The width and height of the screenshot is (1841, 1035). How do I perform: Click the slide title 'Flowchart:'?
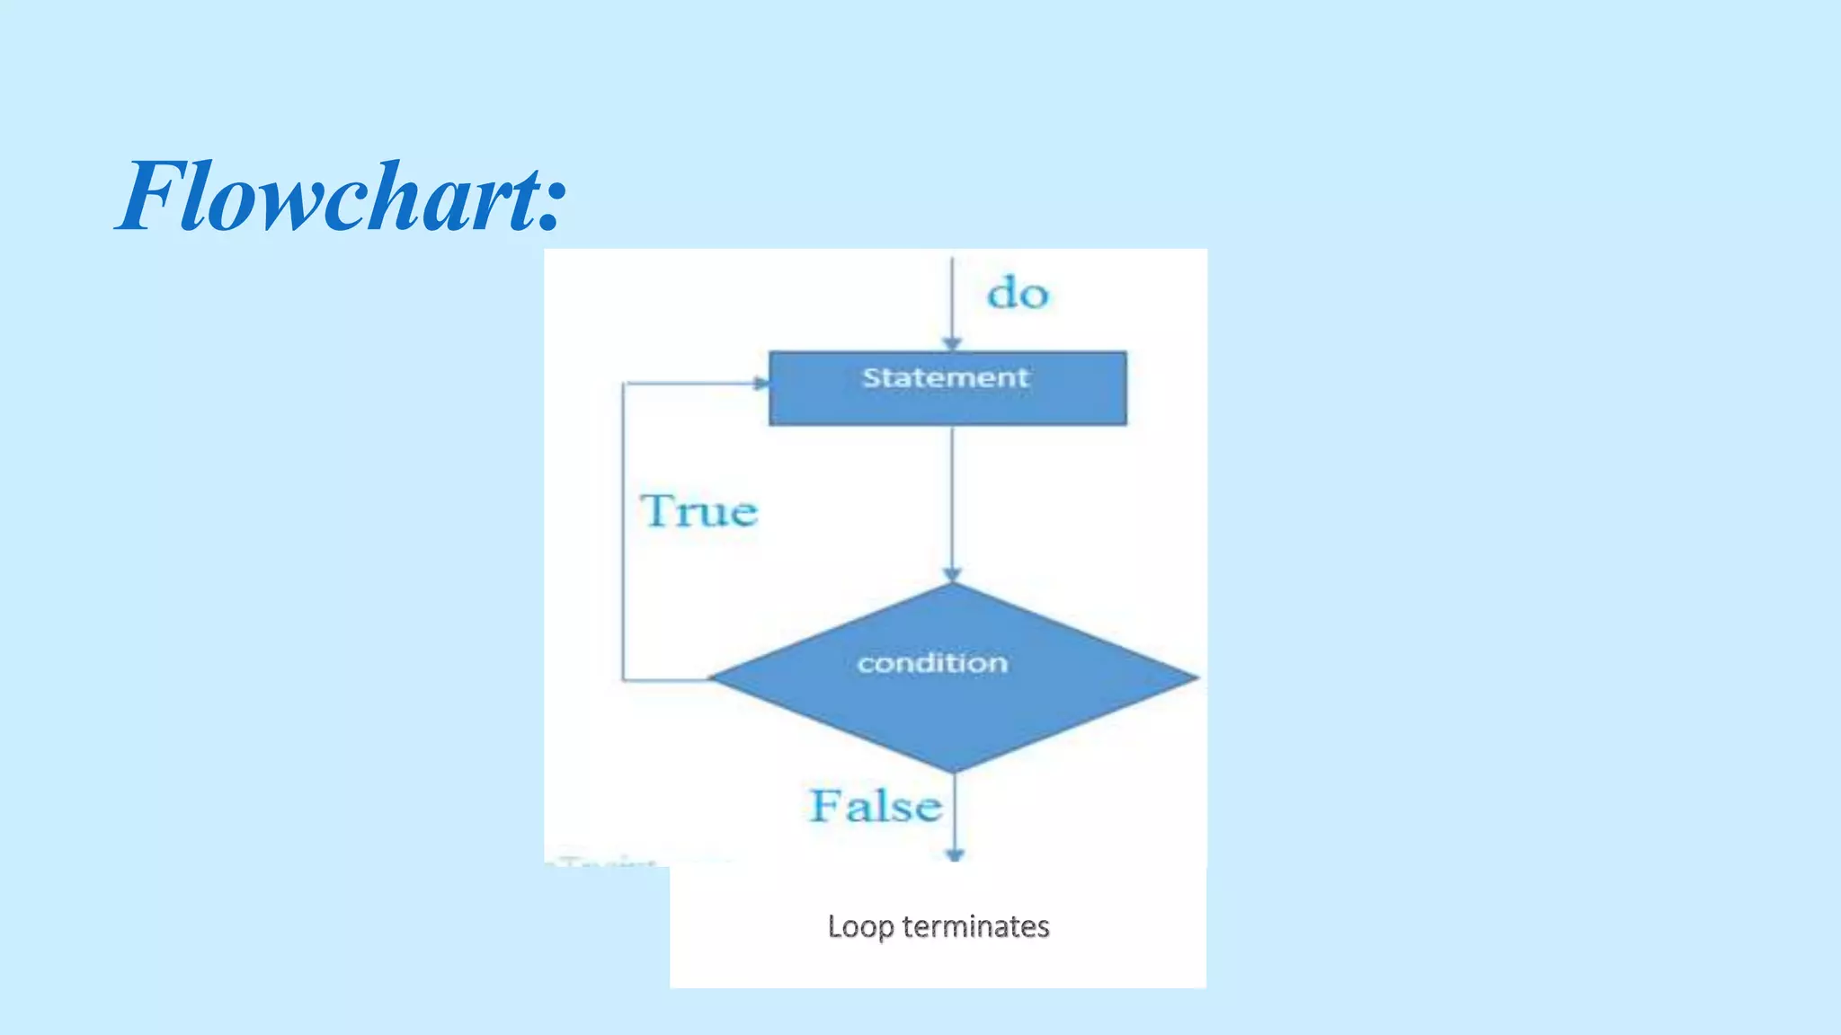click(342, 196)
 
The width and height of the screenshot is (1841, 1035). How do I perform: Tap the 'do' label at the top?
click(1018, 294)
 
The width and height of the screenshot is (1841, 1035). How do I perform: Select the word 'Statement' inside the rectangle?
click(945, 377)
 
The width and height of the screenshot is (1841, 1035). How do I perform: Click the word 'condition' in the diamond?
click(932, 663)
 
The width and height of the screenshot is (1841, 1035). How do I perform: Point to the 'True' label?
click(699, 511)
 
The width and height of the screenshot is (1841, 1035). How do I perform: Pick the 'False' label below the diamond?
click(876, 805)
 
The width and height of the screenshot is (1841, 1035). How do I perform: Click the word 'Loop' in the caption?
click(859, 926)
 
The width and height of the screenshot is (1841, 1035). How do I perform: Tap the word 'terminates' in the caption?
click(975, 926)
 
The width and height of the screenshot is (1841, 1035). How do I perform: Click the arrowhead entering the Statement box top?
click(952, 344)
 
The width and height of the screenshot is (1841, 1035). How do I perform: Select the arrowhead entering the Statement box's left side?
click(761, 384)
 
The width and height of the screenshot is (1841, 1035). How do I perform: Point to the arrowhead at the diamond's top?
click(953, 574)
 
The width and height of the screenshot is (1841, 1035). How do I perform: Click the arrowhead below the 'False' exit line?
click(955, 854)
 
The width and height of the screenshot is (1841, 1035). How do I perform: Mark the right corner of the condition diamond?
click(1196, 677)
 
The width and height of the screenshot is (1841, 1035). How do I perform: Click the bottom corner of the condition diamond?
click(954, 771)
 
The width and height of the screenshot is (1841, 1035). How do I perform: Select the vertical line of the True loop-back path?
click(623, 539)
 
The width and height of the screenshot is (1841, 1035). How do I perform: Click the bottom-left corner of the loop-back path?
click(623, 680)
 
